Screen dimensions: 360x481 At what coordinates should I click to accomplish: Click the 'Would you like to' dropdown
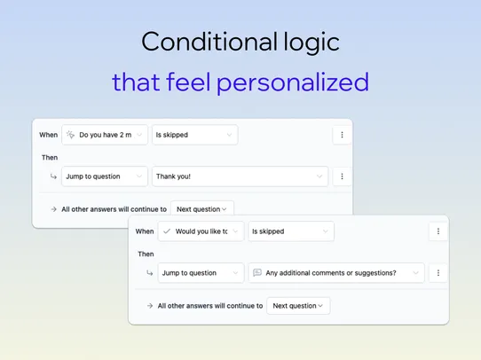201,231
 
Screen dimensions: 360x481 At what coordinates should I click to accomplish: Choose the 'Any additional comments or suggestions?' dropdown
336,273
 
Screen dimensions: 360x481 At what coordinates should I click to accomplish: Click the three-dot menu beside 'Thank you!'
343,176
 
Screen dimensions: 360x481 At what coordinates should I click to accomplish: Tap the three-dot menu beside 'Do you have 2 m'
343,135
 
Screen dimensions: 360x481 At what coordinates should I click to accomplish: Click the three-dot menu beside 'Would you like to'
438,231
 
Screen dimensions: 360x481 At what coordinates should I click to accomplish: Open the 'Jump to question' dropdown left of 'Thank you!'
104,176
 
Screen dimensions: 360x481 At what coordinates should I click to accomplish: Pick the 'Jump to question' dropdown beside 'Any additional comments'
201,273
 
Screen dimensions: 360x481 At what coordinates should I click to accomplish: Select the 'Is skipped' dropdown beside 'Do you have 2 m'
194,135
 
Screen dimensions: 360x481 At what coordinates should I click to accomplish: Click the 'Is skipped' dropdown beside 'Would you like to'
290,231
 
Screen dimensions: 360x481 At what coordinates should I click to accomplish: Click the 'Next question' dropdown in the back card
202,209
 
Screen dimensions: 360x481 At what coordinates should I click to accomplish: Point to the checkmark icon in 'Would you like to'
167,231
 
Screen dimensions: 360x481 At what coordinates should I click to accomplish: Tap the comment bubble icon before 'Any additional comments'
256,273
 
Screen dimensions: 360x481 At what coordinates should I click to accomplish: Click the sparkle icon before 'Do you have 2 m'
70,135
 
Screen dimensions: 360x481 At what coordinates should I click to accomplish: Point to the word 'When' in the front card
145,231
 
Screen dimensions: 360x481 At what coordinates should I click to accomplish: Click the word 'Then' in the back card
50,158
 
